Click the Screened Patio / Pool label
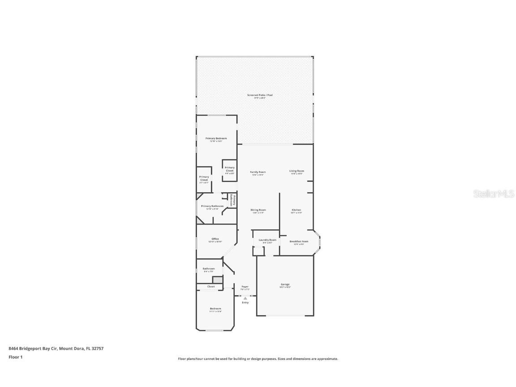pos(260,95)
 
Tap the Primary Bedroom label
pos(216,138)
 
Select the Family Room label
pos(258,172)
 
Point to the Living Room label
pos(297,171)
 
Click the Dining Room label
pos(258,210)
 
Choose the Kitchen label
pos(297,210)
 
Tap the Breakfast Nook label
pos(299,241)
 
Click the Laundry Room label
pos(267,240)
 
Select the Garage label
pos(285,284)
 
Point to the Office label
pos(215,239)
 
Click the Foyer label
pos(245,287)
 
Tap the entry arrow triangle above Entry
pos(245,297)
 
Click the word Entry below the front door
pos(245,303)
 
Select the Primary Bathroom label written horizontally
pos(212,206)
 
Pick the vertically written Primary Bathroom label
pos(232,201)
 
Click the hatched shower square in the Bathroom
pos(217,280)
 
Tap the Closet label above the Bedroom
pos(211,287)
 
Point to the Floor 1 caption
pos(15,357)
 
